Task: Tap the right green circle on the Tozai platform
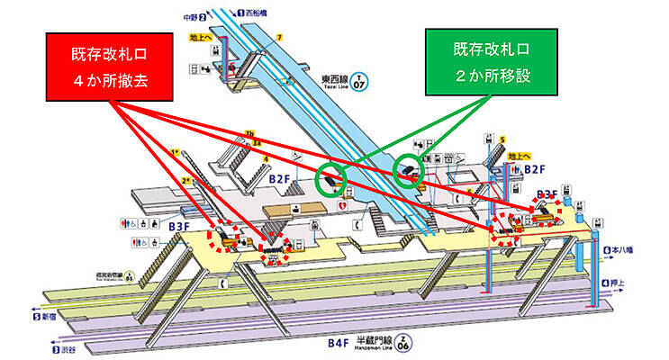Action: pos(410,167)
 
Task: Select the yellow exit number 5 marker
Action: pos(503,140)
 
